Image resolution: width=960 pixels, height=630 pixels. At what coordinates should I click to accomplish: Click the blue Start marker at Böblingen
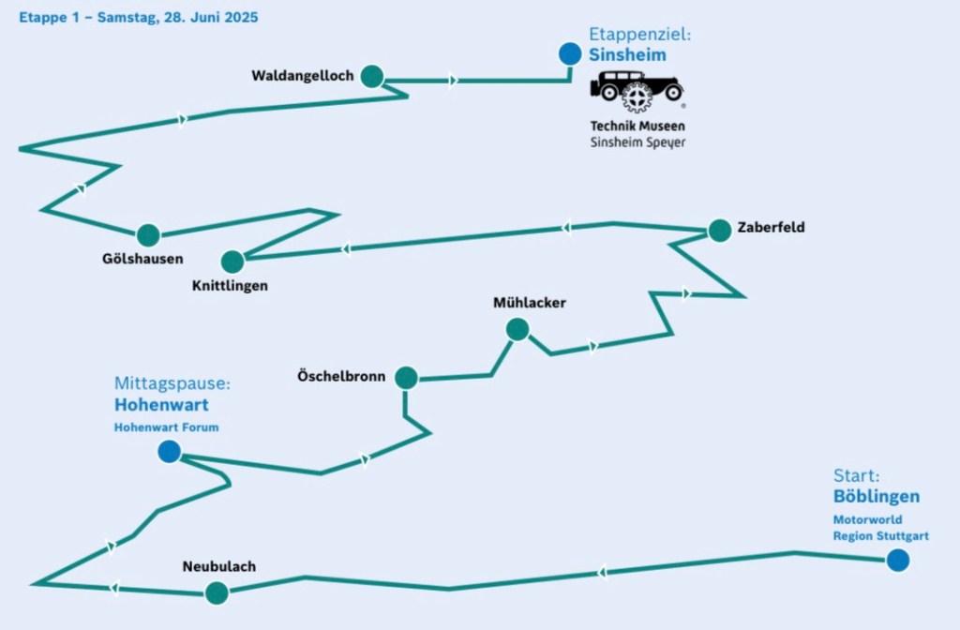(x=897, y=561)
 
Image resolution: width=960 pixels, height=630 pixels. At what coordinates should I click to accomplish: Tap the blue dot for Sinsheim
(x=569, y=54)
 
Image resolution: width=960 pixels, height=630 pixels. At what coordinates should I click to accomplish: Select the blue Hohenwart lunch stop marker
(x=170, y=453)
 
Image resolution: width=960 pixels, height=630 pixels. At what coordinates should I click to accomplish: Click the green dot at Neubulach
(x=217, y=592)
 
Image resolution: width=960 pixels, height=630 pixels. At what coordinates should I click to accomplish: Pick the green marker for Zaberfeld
(x=719, y=231)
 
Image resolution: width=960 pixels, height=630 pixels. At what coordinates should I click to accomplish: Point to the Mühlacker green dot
(x=517, y=329)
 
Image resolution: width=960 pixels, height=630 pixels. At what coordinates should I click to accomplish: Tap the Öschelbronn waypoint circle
(x=406, y=378)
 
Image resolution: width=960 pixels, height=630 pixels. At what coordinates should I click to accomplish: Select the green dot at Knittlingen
(x=232, y=261)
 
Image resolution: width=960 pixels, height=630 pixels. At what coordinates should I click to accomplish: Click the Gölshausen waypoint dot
(x=148, y=235)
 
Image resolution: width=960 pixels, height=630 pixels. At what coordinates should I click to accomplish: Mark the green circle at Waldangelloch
(x=372, y=77)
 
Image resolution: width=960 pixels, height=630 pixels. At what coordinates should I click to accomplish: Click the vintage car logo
(x=637, y=91)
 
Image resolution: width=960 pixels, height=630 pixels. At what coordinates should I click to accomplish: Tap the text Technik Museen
(x=637, y=126)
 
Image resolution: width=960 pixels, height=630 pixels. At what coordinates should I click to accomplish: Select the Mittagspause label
(x=172, y=383)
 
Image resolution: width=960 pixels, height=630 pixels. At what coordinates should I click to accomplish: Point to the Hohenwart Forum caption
(x=167, y=427)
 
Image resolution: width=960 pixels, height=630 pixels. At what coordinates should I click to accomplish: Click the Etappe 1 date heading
(x=139, y=18)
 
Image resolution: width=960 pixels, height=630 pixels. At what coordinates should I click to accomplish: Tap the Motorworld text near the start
(x=867, y=518)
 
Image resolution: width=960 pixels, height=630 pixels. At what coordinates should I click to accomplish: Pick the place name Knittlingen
(x=232, y=286)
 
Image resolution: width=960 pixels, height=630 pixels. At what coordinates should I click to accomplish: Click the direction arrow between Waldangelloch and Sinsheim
(x=454, y=81)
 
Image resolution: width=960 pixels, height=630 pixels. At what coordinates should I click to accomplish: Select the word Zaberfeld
(x=771, y=227)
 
